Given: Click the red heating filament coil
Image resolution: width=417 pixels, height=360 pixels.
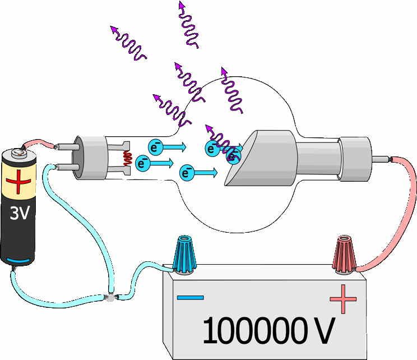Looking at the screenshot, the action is coord(128,159).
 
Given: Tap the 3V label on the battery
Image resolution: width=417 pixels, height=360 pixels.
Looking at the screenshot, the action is coord(19,213).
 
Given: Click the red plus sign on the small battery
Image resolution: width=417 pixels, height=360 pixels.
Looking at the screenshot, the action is coord(18,182).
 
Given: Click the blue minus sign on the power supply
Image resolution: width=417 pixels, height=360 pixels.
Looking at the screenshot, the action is coord(191,297).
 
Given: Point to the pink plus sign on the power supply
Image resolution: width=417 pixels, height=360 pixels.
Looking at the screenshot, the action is coord(343,299).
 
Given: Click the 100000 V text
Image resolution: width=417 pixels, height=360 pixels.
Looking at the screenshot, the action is coord(268,330).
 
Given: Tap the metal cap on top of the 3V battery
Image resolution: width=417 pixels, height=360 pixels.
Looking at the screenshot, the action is coord(17,152).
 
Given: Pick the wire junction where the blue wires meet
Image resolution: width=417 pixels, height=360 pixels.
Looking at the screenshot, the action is coord(110,298).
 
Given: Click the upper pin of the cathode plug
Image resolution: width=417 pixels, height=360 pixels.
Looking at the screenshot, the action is coord(67,147).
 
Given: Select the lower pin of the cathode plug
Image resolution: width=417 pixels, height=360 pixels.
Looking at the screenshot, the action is coord(67,167).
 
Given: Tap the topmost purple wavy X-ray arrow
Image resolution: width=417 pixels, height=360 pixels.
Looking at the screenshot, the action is coord(188,25).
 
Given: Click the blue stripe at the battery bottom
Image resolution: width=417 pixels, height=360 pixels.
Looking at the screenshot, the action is coord(18,260).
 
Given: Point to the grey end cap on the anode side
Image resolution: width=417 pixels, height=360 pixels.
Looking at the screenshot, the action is coord(355,159).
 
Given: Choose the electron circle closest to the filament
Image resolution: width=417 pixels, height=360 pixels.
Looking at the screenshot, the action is coord(143,163).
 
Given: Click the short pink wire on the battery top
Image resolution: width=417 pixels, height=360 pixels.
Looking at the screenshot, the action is coord(40,143).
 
